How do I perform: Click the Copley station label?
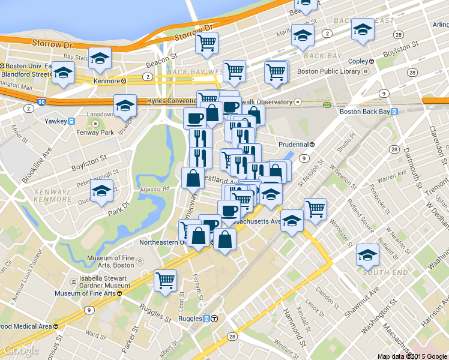tap(361, 61)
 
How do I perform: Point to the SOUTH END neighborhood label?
tap(378, 272)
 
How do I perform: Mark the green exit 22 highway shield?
tap(327, 104)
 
